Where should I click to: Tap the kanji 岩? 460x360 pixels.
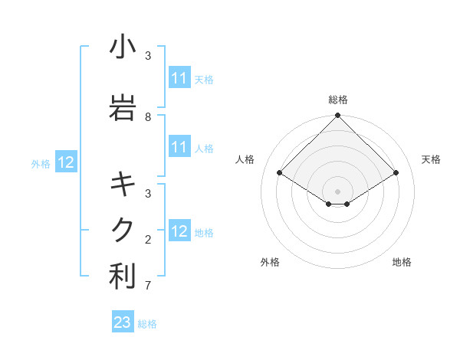(123, 107)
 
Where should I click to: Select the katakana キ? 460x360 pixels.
(123, 184)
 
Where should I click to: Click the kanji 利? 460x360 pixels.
(123, 277)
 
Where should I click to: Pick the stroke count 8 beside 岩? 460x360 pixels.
(148, 116)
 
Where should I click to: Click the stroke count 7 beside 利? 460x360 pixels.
(148, 286)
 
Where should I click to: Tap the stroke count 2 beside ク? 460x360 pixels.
(148, 240)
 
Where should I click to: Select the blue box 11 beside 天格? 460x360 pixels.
(179, 78)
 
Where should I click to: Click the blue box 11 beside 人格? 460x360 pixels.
(179, 147)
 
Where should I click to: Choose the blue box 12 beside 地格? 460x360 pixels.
(179, 231)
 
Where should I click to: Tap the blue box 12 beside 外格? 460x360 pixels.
(66, 162)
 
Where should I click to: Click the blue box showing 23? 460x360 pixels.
(122, 322)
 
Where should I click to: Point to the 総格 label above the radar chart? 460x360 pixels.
(338, 100)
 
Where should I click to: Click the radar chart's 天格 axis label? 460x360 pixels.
(431, 159)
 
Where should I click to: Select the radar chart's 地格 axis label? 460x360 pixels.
(402, 262)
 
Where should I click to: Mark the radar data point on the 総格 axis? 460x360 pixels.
(338, 116)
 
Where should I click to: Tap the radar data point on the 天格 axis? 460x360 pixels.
(396, 173)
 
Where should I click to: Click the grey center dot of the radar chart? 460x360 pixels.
(338, 191)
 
